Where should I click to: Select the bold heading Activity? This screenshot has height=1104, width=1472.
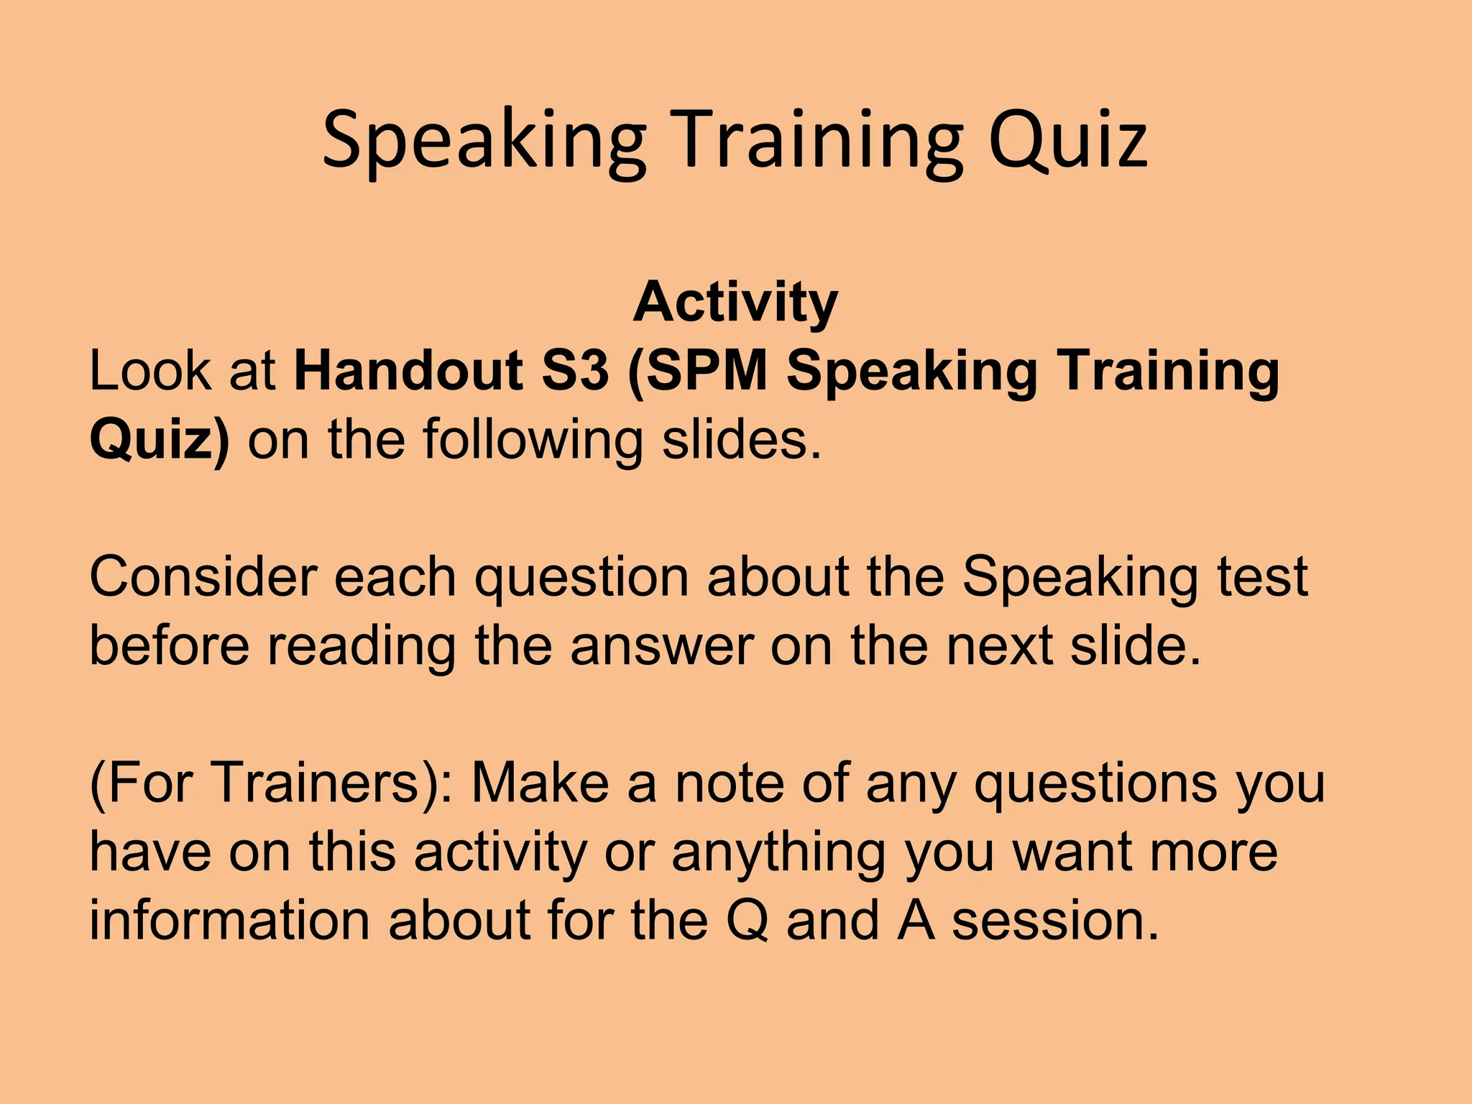tap(735, 302)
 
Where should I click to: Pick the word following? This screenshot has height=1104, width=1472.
tap(532, 440)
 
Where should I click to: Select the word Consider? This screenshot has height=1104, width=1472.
tap(202, 577)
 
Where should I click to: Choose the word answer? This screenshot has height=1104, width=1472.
tap(661, 645)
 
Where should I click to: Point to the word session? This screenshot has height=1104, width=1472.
tap(1055, 921)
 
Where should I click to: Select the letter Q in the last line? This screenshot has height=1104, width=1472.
tap(747, 921)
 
